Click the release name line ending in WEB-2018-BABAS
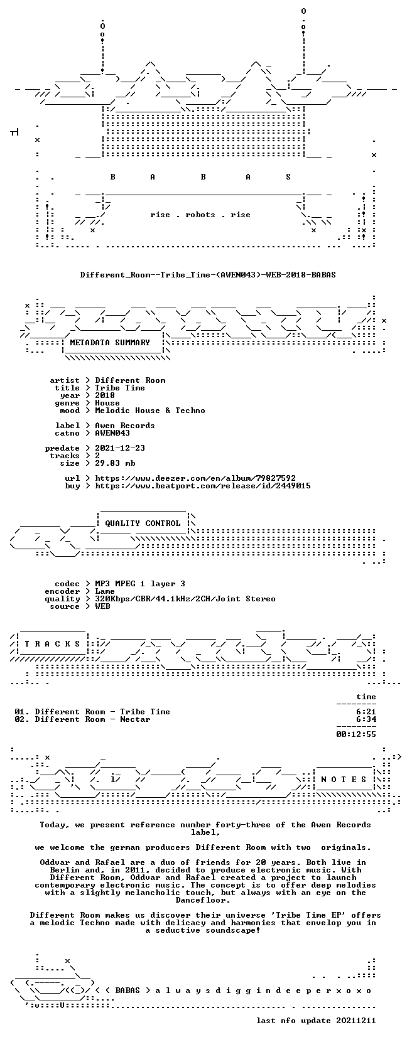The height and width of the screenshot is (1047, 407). pyautogui.click(x=208, y=275)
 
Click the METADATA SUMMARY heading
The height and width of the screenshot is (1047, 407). pyautogui.click(x=110, y=343)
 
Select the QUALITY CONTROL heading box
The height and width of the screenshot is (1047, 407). pyautogui.click(x=143, y=523)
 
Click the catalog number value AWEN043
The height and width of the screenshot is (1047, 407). pyautogui.click(x=112, y=433)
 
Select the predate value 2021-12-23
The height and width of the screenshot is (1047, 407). pyautogui.click(x=120, y=448)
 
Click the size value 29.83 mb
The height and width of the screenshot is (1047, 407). pyautogui.click(x=115, y=463)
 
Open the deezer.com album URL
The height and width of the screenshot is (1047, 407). pyautogui.click(x=195, y=478)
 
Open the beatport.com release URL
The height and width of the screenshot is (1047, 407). pyautogui.click(x=203, y=486)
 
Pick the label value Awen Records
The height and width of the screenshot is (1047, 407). pyautogui.click(x=125, y=426)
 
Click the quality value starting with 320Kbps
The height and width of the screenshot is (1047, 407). pyautogui.click(x=185, y=599)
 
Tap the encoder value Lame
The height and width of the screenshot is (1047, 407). pyautogui.click(x=105, y=591)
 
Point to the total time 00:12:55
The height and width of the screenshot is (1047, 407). pyautogui.click(x=356, y=734)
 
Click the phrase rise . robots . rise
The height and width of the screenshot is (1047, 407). pyautogui.click(x=200, y=215)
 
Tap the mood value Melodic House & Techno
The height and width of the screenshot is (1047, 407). pyautogui.click(x=150, y=411)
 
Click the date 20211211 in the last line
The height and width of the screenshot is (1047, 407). pyautogui.click(x=356, y=1021)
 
